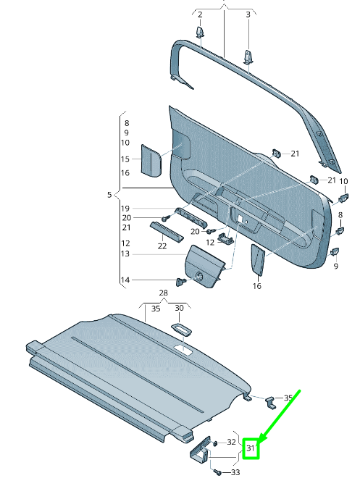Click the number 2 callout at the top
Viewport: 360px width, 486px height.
200,14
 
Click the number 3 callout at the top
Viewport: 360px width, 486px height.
248,14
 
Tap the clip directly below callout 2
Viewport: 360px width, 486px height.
200,33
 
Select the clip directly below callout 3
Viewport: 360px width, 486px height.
248,56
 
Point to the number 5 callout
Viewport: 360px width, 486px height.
109,195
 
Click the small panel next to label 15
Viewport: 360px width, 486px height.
151,159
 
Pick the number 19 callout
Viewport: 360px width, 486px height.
125,208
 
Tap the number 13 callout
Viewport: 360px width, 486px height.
125,254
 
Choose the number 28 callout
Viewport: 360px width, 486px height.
164,293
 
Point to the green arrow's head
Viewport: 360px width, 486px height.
260,442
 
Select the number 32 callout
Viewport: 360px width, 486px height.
231,441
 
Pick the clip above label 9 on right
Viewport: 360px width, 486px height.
335,252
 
